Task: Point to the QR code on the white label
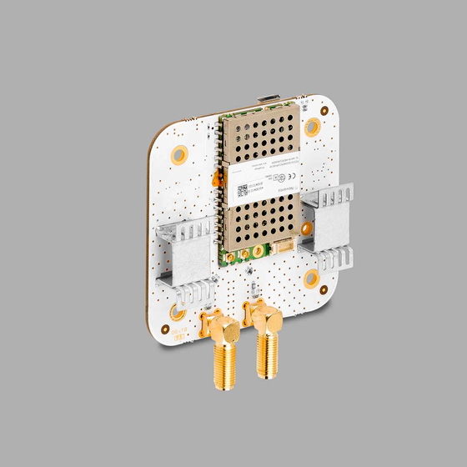[x=242, y=189]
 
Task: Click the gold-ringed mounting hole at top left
[x=178, y=155]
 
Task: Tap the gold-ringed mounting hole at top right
[x=312, y=127]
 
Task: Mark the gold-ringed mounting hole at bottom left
[x=178, y=312]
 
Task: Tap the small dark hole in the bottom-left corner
[x=163, y=330]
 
